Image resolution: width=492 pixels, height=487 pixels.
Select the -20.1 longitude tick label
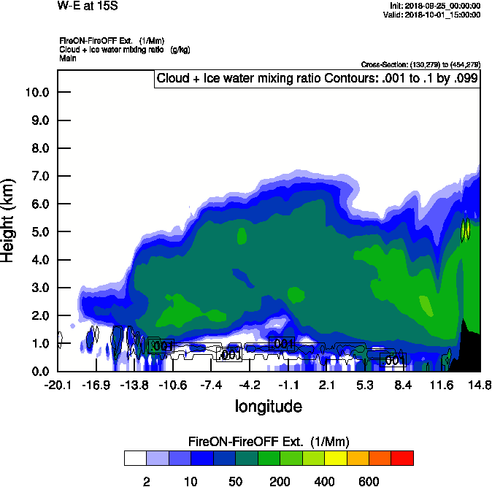click(x=58, y=385)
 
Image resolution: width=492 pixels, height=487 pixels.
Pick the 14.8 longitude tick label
click(x=479, y=385)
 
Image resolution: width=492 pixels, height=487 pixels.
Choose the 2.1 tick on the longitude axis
click(x=326, y=385)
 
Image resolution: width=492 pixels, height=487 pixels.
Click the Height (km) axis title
click(x=9, y=221)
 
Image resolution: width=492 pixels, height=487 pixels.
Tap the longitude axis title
click(x=268, y=405)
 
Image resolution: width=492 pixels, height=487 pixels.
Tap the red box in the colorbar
click(x=402, y=459)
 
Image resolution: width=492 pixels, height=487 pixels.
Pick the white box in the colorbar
click(x=135, y=459)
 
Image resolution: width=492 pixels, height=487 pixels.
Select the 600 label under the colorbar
click(x=369, y=481)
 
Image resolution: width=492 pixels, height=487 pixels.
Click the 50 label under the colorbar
click(x=235, y=481)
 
